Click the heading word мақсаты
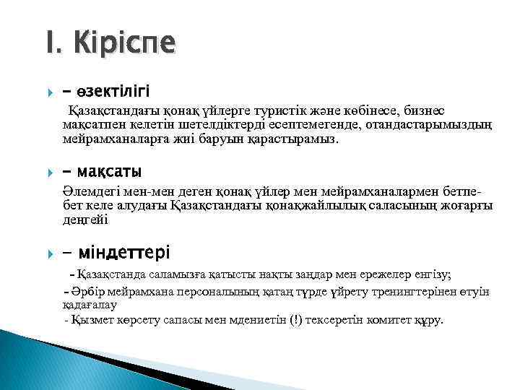(108, 172)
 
